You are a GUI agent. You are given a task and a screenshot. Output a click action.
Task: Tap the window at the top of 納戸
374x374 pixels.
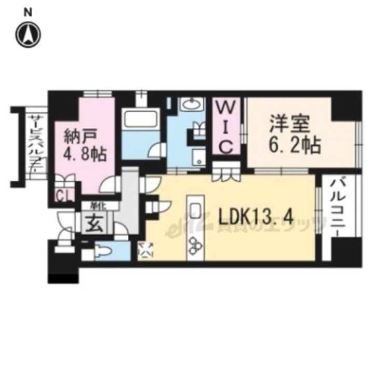coord(98,94)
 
